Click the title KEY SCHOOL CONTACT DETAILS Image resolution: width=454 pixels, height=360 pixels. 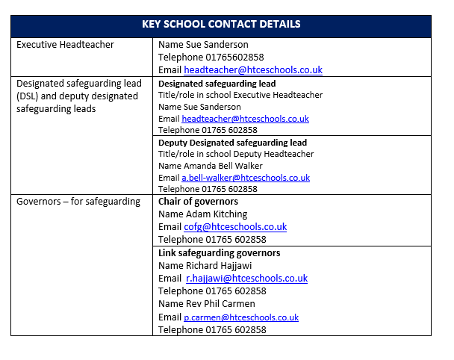221,24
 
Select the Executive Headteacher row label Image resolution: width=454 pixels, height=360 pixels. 65,45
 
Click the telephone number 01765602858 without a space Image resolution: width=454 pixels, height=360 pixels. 211,57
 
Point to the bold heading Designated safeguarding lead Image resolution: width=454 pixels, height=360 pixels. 217,84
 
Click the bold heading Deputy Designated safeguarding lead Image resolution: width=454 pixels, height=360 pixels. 233,143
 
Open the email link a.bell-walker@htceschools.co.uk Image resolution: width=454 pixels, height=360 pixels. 246,178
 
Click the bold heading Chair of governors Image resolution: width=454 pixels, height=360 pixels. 199,202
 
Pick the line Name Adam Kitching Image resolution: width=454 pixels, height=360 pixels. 202,214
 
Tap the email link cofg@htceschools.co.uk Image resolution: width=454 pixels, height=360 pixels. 235,227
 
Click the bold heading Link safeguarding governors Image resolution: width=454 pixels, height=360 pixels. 220,253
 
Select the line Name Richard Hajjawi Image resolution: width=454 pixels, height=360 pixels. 206,265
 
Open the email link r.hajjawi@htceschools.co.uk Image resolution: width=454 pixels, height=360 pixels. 246,279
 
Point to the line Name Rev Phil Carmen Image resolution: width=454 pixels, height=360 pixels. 207,304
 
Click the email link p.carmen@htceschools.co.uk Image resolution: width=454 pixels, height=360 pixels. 240,317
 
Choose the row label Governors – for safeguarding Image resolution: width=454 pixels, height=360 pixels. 78,202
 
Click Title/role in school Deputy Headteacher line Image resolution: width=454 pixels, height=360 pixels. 236,154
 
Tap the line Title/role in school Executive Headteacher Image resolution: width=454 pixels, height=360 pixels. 240,95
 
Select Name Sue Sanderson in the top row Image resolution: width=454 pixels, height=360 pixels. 203,45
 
